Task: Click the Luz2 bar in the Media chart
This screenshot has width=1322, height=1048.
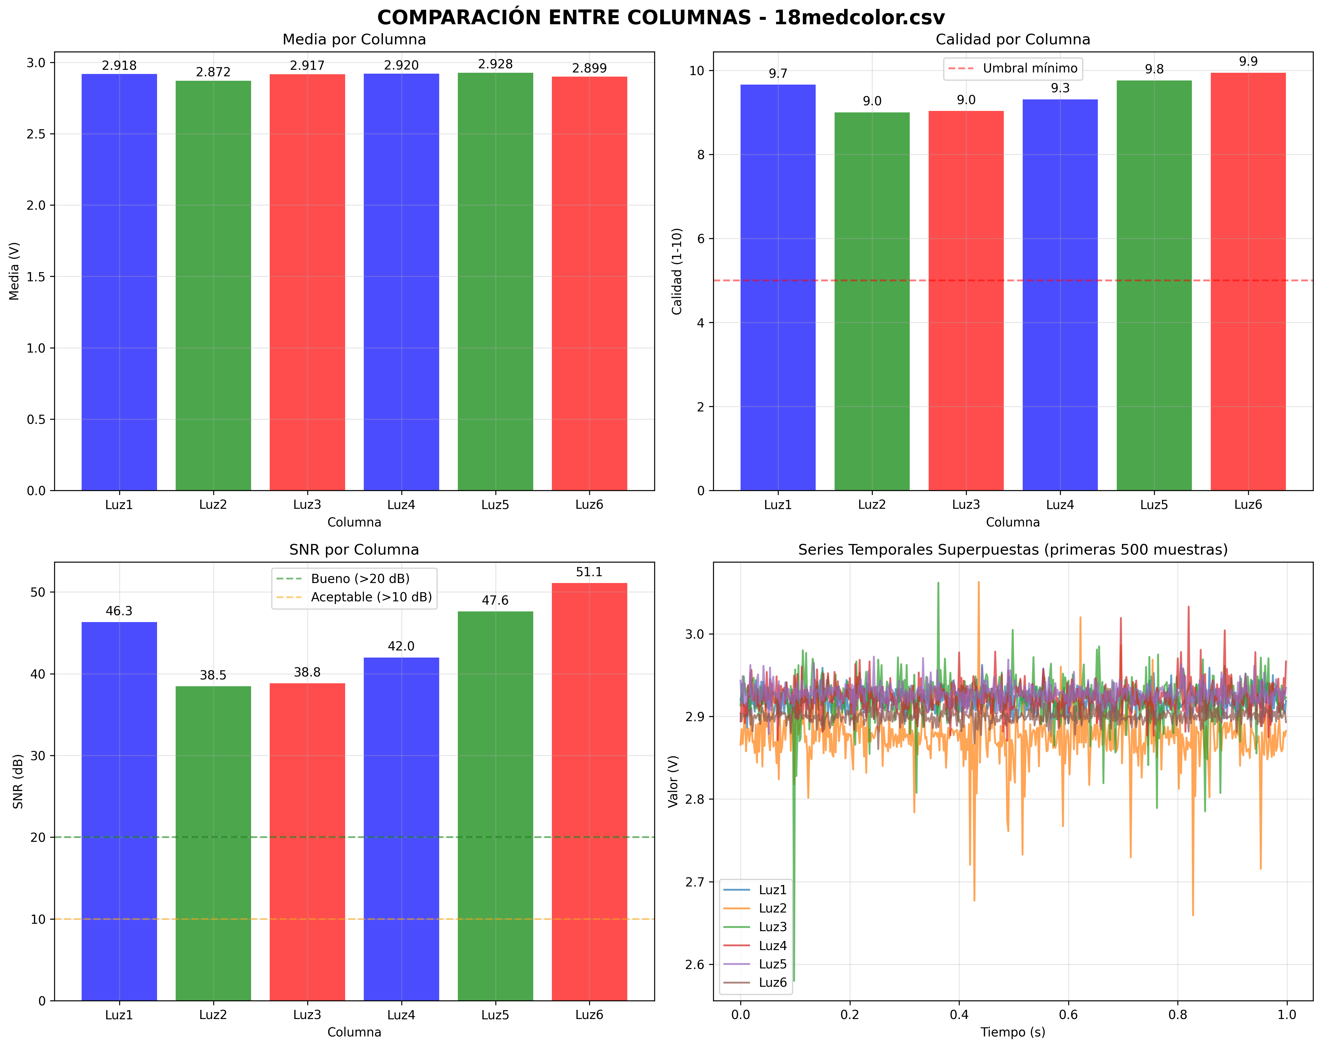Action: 214,285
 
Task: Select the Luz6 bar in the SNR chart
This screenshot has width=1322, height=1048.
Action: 589,791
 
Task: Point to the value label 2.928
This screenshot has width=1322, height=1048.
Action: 495,64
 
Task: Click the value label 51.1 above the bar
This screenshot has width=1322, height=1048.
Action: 589,572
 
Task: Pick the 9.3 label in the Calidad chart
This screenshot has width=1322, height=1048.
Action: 1060,88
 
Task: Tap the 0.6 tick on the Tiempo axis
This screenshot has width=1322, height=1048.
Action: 1068,1015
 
